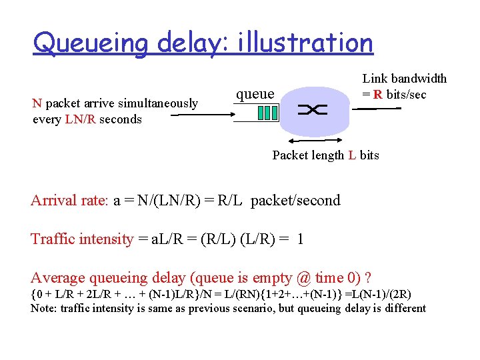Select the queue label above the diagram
[255, 93]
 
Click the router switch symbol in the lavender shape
[313, 111]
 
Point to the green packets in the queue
[267, 112]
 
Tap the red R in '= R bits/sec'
[378, 94]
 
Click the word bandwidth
[419, 79]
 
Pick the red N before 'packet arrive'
[37, 103]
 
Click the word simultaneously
[157, 103]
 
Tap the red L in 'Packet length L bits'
[351, 155]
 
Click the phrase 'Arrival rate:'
[65, 200]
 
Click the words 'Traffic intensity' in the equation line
[82, 239]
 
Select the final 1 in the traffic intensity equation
[301, 239]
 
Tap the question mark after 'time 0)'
[368, 277]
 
